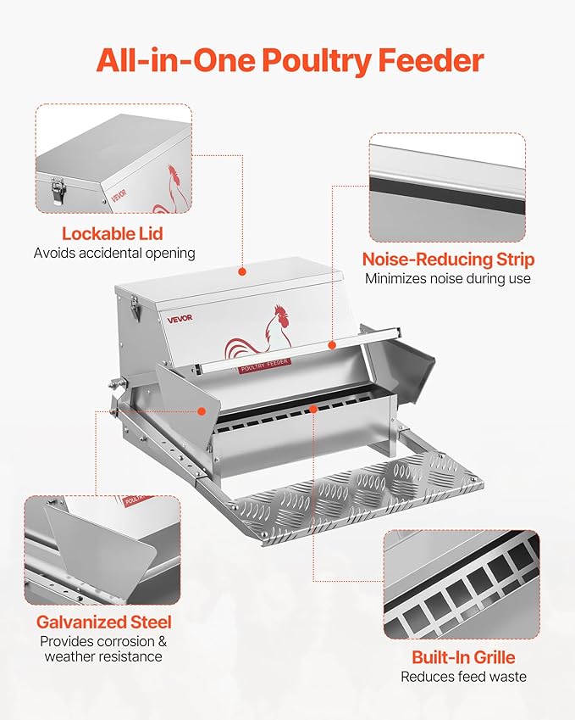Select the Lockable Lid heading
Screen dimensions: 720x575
click(x=112, y=233)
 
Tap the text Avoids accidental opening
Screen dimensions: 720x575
click(x=114, y=253)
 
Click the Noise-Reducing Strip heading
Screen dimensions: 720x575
click(x=448, y=260)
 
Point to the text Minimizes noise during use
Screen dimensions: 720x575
click(x=448, y=278)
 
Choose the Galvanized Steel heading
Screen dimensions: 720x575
click(x=103, y=622)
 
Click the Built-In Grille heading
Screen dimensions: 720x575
click(x=463, y=657)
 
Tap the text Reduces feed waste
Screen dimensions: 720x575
click(x=463, y=676)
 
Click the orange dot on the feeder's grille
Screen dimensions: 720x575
click(x=313, y=409)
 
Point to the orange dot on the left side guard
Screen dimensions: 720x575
click(x=202, y=410)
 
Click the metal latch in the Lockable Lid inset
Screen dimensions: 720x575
click(x=58, y=190)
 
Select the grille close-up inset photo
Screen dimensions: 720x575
click(x=461, y=584)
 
